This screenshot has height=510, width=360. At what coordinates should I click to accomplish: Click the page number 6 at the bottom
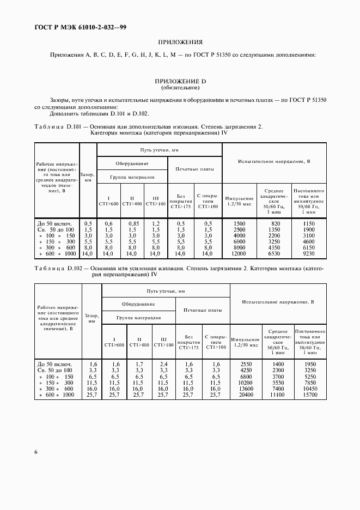click(36, 452)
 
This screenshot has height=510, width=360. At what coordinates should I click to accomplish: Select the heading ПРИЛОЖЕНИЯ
click(180, 41)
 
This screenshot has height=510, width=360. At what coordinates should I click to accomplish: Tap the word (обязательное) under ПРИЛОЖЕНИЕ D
click(180, 87)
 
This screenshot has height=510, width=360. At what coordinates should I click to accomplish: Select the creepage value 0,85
click(132, 223)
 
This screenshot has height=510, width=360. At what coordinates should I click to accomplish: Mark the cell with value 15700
click(309, 394)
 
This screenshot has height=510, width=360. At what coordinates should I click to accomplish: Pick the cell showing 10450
click(309, 388)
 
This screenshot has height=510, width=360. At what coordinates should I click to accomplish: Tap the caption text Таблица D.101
click(57, 126)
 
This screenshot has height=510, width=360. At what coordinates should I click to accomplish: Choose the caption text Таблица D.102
click(57, 269)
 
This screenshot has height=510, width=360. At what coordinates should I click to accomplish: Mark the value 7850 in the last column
click(309, 382)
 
